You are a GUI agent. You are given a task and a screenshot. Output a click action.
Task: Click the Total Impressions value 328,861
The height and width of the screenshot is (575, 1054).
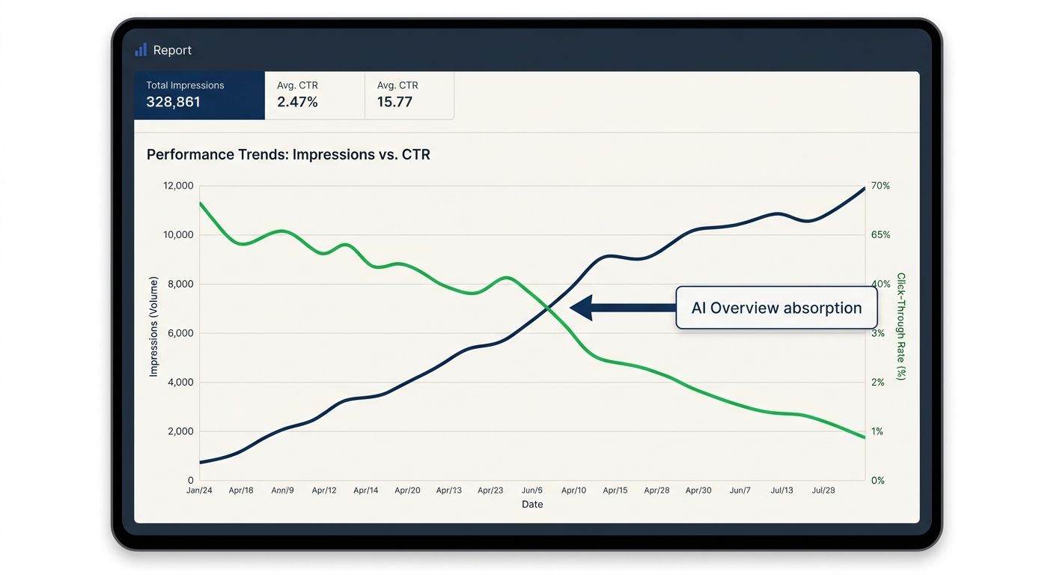click(173, 102)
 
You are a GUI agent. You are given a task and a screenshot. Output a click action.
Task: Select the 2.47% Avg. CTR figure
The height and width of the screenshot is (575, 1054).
click(297, 102)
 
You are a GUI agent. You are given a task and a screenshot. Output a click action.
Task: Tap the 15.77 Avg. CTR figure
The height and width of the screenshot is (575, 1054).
click(395, 102)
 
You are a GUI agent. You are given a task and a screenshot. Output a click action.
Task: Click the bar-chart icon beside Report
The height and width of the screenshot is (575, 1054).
click(141, 50)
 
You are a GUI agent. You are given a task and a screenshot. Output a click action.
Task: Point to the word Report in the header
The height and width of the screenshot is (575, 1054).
click(172, 50)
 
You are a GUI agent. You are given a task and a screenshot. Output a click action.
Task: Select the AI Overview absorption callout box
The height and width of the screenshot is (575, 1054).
click(776, 308)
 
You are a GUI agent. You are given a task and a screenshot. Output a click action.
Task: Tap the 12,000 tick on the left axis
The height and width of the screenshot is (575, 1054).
click(177, 186)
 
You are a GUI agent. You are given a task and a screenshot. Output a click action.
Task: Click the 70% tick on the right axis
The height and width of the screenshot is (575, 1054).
click(881, 186)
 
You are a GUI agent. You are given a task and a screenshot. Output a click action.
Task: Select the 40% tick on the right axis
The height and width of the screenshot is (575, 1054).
click(881, 284)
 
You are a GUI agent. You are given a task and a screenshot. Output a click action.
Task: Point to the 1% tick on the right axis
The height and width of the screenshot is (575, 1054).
click(878, 431)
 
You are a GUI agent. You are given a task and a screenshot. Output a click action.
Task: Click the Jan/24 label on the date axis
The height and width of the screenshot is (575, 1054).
click(199, 490)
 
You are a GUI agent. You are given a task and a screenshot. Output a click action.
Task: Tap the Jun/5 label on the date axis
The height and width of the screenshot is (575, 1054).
click(532, 490)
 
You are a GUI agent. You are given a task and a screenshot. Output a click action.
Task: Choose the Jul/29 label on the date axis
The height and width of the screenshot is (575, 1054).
click(823, 490)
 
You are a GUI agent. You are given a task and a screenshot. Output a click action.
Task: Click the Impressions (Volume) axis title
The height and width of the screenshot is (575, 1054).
click(154, 326)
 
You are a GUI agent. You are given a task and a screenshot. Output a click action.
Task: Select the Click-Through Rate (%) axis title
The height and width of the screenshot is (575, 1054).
click(901, 326)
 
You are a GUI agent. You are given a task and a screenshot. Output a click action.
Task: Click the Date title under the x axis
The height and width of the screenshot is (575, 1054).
click(532, 505)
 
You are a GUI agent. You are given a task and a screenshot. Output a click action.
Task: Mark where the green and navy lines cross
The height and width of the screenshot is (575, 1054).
click(549, 306)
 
